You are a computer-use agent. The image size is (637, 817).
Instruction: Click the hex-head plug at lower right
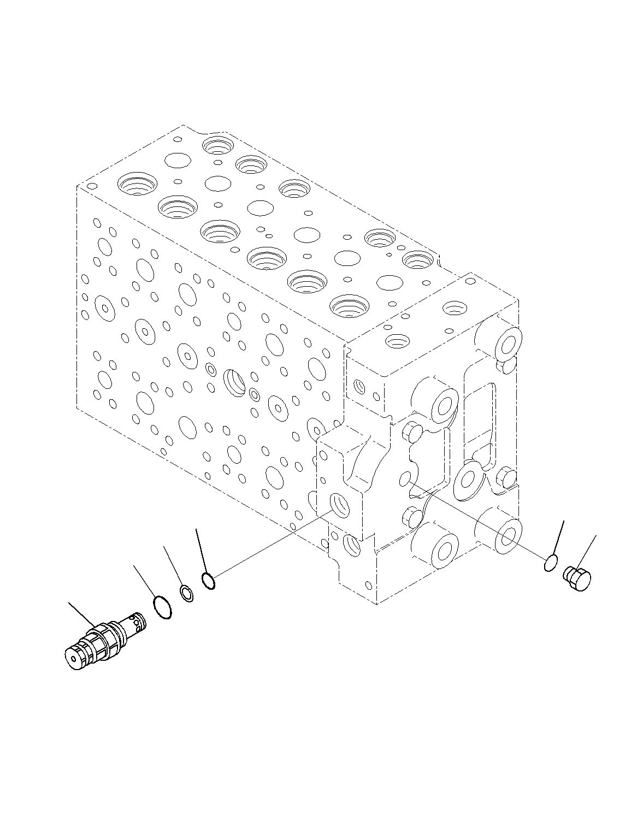[577, 579]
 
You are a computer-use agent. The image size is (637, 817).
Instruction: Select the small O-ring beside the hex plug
[551, 563]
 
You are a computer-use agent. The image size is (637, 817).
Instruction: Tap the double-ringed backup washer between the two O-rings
[187, 594]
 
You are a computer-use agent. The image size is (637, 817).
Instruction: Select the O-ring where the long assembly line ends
[208, 582]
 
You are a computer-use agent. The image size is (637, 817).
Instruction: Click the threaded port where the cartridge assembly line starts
[340, 507]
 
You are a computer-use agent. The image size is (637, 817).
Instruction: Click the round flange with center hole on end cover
[469, 479]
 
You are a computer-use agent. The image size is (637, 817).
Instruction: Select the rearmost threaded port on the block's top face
[218, 146]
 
